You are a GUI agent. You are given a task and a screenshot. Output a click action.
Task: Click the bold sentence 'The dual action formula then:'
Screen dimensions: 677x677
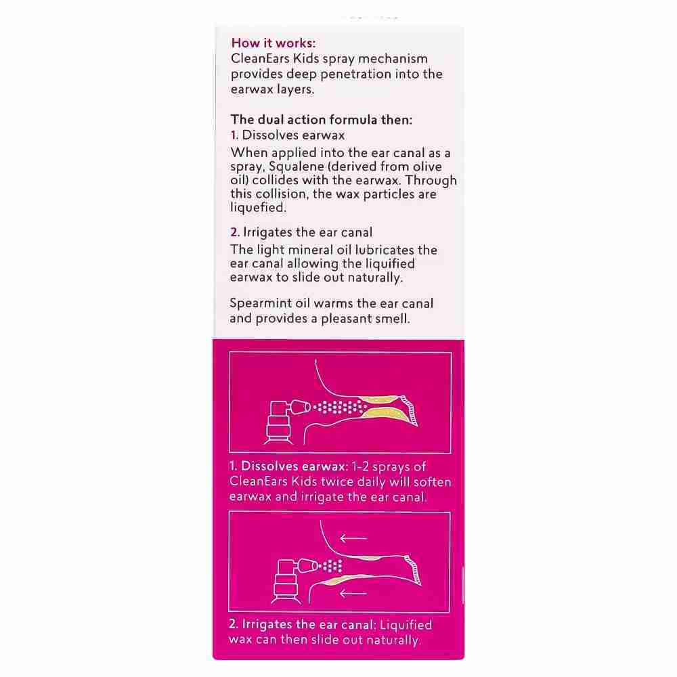[322, 120]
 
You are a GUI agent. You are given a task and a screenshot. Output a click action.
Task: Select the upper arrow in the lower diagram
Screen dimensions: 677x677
[353, 538]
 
